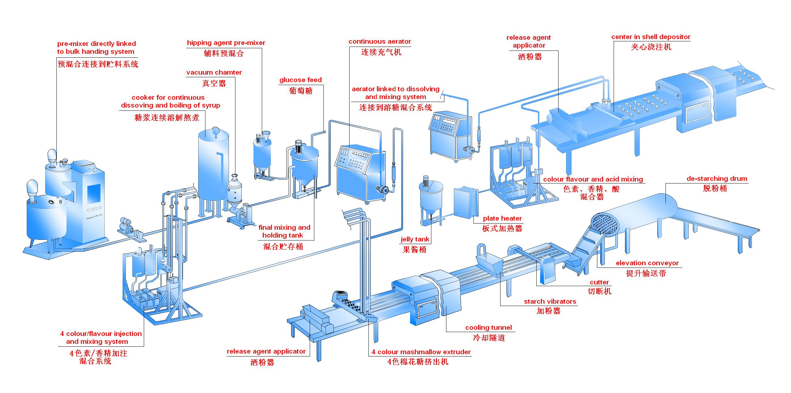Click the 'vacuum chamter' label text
(x=214, y=72)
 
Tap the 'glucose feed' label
(x=300, y=80)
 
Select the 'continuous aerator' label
(x=380, y=41)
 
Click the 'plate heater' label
(x=502, y=218)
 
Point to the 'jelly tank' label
(x=415, y=239)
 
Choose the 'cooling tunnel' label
(x=488, y=327)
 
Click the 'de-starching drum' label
(x=717, y=179)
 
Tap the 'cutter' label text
(x=599, y=282)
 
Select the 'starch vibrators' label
(x=550, y=301)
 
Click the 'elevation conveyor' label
(x=647, y=263)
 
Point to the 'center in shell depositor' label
(x=650, y=37)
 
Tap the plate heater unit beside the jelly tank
(x=465, y=202)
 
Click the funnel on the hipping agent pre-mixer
(x=266, y=136)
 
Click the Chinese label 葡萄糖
(x=300, y=90)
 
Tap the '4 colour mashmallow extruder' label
(x=421, y=352)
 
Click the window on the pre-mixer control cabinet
(x=94, y=194)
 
